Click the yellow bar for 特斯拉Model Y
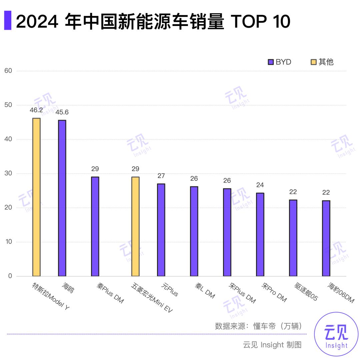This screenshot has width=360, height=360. tap(36, 197)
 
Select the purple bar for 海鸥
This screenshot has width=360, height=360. tap(62, 198)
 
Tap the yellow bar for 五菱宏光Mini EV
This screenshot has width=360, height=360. tap(135, 226)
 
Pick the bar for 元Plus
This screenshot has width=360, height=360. tap(161, 230)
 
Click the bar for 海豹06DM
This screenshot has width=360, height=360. tap(326, 238)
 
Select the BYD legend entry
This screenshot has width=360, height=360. tap(280, 62)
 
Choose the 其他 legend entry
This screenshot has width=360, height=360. tap(322, 62)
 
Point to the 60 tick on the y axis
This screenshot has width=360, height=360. tap(8, 71)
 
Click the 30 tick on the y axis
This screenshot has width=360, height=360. tap(8, 173)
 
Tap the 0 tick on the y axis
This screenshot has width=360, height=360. tap(10, 276)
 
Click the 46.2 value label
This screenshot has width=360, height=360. tap(36, 110)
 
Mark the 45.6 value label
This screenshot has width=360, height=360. tap(62, 112)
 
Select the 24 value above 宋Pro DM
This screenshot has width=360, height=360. tap(260, 185)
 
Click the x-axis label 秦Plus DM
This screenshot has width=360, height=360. tap(110, 293)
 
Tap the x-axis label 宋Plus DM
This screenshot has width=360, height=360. tap(242, 293)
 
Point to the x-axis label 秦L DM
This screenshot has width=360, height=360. tap(205, 290)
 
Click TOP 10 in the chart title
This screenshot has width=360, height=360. tap(261, 21)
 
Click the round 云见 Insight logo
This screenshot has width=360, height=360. tap(336, 334)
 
